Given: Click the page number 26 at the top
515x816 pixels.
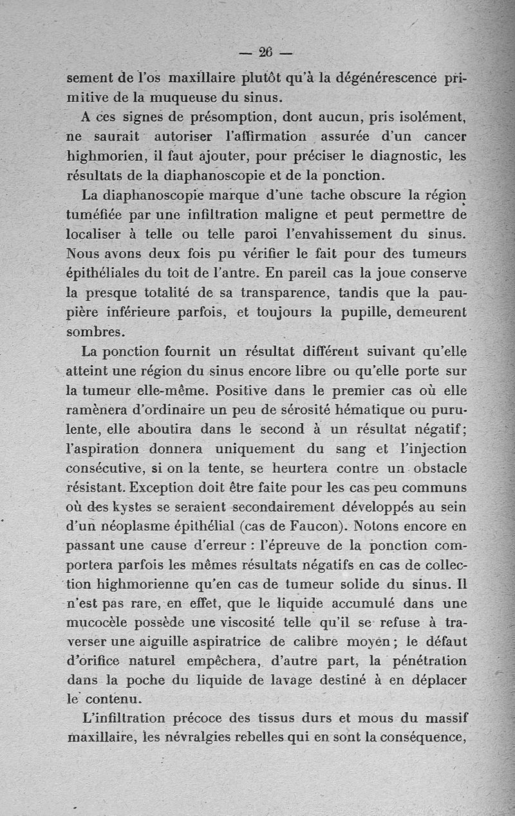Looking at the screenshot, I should (x=266, y=52).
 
